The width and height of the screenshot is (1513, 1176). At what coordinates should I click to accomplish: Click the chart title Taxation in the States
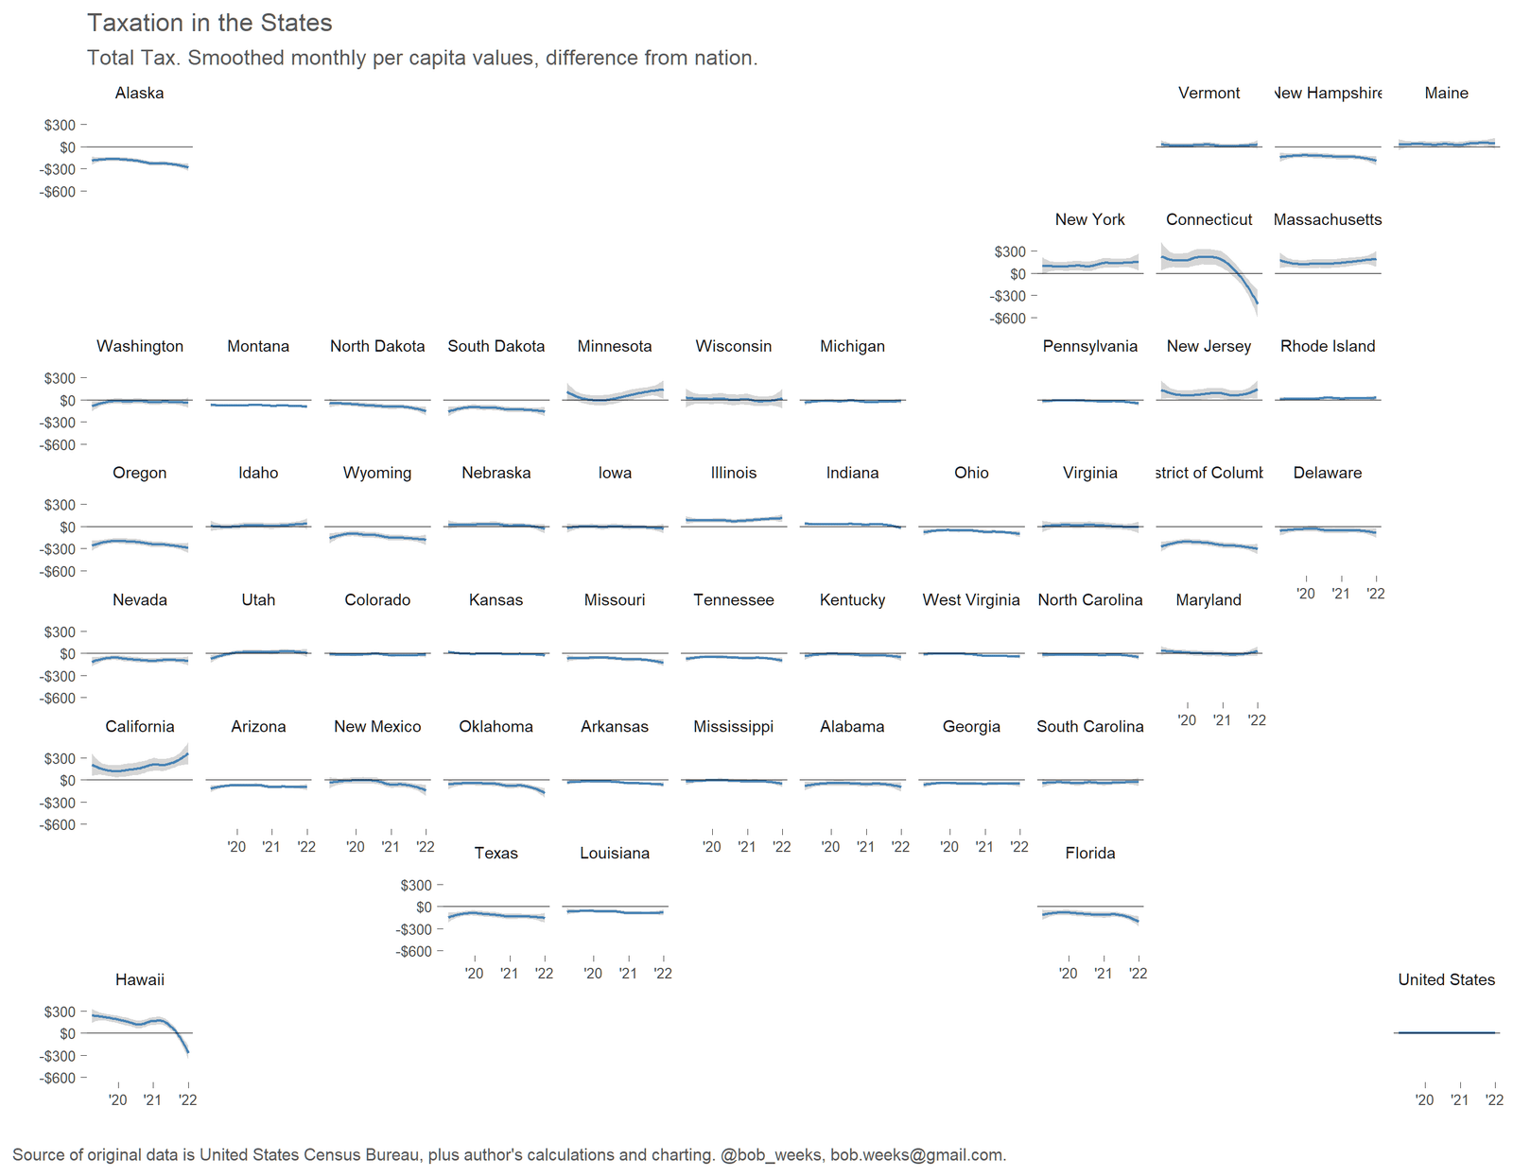point(209,23)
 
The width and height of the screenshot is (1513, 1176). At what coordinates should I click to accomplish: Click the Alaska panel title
point(139,93)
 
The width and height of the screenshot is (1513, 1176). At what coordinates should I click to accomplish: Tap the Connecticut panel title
point(1209,219)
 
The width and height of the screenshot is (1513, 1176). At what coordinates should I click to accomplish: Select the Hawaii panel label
point(139,979)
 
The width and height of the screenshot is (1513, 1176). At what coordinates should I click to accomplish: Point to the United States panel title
point(1446,979)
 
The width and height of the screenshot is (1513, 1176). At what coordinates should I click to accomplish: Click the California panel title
point(139,726)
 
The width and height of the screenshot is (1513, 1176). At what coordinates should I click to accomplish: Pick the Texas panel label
point(496,853)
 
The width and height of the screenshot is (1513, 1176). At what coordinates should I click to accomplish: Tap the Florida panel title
point(1089,853)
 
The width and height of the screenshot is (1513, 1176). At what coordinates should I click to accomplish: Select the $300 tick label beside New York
point(1009,251)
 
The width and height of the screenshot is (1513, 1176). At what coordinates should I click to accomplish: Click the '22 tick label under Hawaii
point(187,1099)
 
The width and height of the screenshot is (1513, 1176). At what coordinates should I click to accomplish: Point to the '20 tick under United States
point(1424,1099)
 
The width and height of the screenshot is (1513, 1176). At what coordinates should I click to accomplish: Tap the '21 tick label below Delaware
point(1340,594)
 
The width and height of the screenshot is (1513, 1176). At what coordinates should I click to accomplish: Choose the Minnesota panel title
point(615,346)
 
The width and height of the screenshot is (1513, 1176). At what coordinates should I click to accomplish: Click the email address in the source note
point(917,1154)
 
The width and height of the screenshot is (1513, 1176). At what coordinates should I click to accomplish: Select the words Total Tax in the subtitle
point(131,58)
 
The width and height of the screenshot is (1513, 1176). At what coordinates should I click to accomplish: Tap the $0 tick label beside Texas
point(424,908)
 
